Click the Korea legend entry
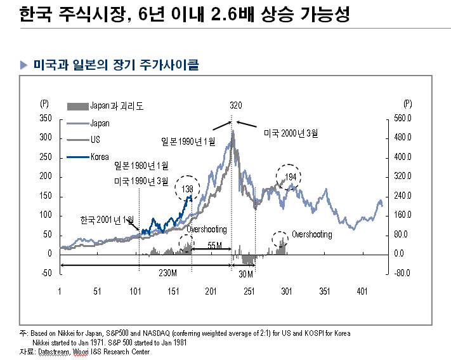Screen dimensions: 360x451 [100, 156]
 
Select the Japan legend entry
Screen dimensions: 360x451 [100, 123]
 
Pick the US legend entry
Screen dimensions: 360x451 [95, 139]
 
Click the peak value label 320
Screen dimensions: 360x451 [236, 105]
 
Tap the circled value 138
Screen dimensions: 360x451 [187, 189]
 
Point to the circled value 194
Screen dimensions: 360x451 [291, 176]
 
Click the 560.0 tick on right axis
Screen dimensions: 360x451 [403, 119]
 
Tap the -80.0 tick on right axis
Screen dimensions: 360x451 [403, 274]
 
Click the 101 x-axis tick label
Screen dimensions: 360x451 [135, 291]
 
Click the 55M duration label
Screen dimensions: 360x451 [215, 245]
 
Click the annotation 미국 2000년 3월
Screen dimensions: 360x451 [291, 133]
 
